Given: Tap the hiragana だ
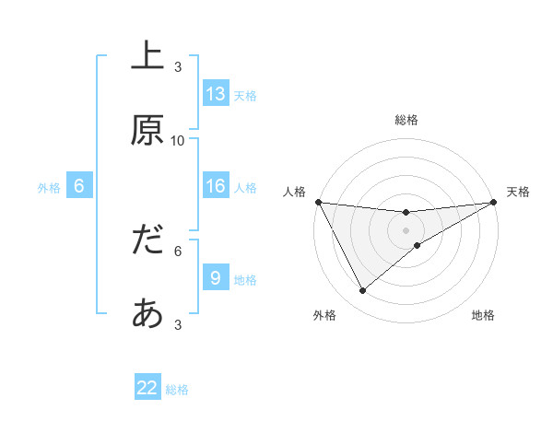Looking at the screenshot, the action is coord(147,240).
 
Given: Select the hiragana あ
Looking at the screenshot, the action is coord(147,314).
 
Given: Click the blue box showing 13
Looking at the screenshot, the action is coord(216,94).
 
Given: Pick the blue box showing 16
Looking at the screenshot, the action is coord(216,187).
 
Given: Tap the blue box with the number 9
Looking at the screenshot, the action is coord(216,278).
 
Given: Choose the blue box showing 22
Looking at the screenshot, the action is coord(147,388).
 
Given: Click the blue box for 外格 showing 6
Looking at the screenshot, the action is coord(79,187).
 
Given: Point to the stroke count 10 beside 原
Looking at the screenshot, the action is coord(178,140).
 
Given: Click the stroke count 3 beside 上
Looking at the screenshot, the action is coord(178,66).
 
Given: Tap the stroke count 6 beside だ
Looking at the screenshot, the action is coord(178,250).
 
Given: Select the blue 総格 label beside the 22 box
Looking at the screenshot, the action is coord(177,390).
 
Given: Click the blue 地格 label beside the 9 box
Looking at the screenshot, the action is coord(245,280).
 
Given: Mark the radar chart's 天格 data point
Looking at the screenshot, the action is coord(494,202).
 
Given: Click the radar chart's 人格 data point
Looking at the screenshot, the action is coord(318,202).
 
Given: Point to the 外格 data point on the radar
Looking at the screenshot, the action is coord(362,291).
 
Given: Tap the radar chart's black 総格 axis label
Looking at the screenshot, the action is coord(406,120).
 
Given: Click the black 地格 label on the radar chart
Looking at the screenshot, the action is coord(483,316).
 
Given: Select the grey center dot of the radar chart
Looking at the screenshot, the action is coord(406,229).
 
